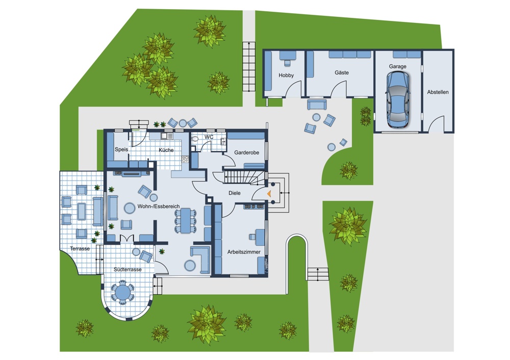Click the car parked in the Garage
tap(397, 99)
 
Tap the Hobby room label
tap(286, 75)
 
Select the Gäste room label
tap(342, 72)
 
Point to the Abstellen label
tap(438, 92)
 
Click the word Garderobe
tap(246, 152)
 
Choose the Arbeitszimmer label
tap(244, 252)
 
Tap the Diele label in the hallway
tap(234, 193)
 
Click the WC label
tap(209, 137)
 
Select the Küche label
tap(166, 150)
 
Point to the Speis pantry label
tap(121, 149)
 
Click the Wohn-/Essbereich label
tap(159, 207)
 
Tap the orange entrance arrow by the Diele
tap(269, 193)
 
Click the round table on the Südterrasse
tap(122, 292)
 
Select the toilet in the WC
tap(195, 139)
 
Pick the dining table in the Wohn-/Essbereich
tap(186, 221)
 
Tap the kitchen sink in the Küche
tap(167, 136)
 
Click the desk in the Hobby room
tap(288, 56)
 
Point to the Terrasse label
tap(80, 249)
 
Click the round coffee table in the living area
tap(130, 208)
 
